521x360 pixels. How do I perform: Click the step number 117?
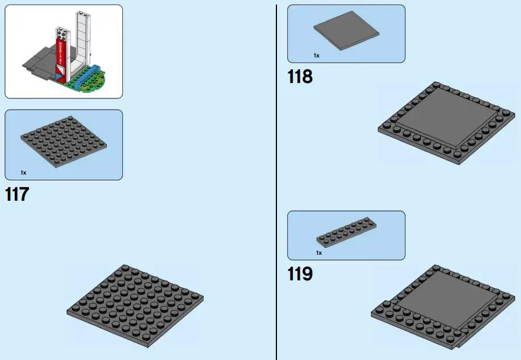(x=16, y=195)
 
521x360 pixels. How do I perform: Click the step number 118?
(x=300, y=76)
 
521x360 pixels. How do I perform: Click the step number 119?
(x=300, y=274)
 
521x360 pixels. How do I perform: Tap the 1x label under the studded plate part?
(x=23, y=172)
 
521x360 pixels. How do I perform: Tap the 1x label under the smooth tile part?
(x=316, y=56)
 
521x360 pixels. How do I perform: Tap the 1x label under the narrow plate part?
(x=319, y=253)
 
